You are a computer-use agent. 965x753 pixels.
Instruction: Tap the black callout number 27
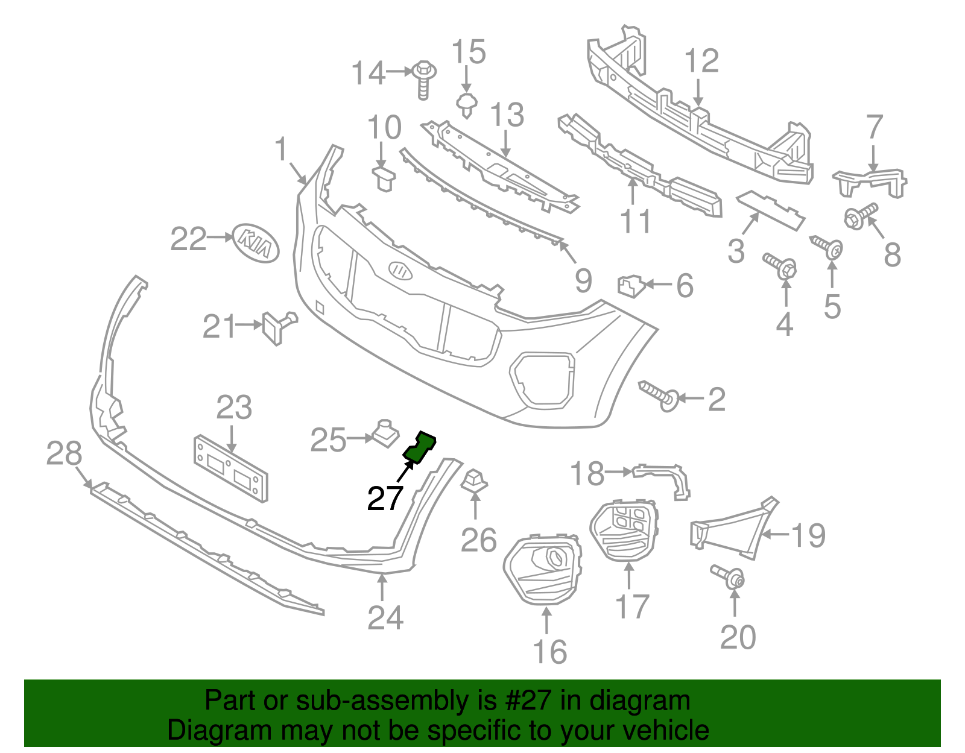point(385,498)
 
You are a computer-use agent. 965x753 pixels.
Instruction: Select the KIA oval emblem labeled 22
point(256,242)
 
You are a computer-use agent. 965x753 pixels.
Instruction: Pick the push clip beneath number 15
point(466,105)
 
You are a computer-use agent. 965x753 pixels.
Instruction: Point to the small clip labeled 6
point(631,286)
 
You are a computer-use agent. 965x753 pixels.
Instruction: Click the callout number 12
point(701,61)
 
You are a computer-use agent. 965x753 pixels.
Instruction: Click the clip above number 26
point(474,481)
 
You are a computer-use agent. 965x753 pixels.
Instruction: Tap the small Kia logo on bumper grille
point(400,270)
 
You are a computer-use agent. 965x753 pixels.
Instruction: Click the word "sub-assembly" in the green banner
point(381,701)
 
